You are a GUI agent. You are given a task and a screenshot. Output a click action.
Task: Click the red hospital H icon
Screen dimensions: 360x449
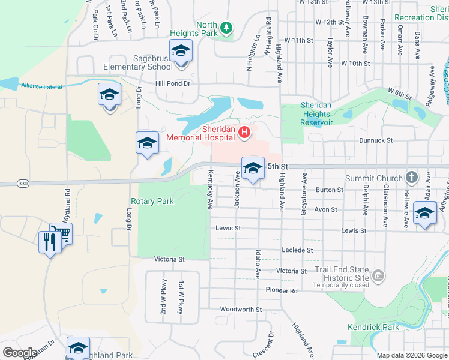point(244,132)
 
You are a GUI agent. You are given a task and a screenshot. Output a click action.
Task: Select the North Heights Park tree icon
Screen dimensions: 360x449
point(226,28)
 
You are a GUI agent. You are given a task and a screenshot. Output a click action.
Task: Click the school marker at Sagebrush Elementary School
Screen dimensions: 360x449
point(180,52)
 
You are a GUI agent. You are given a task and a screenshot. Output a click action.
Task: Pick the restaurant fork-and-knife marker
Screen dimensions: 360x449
point(49,242)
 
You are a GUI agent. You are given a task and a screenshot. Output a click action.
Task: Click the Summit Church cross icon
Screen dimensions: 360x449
point(411,178)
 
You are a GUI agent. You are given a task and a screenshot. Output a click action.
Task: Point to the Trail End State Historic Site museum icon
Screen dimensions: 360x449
point(378,275)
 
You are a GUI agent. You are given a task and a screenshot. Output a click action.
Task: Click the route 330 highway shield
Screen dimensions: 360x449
point(23,183)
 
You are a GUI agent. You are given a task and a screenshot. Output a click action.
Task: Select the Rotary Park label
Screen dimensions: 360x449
point(152,201)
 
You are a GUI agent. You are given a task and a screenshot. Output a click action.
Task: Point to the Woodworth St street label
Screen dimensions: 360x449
point(240,310)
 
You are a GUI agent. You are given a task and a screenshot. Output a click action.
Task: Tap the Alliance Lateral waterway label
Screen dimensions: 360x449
point(41,86)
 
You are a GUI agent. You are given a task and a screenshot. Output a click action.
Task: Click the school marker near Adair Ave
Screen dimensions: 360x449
point(424,212)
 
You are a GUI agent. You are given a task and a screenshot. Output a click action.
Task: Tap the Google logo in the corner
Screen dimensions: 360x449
point(20,352)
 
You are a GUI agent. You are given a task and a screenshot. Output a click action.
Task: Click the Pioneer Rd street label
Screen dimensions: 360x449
point(281,290)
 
